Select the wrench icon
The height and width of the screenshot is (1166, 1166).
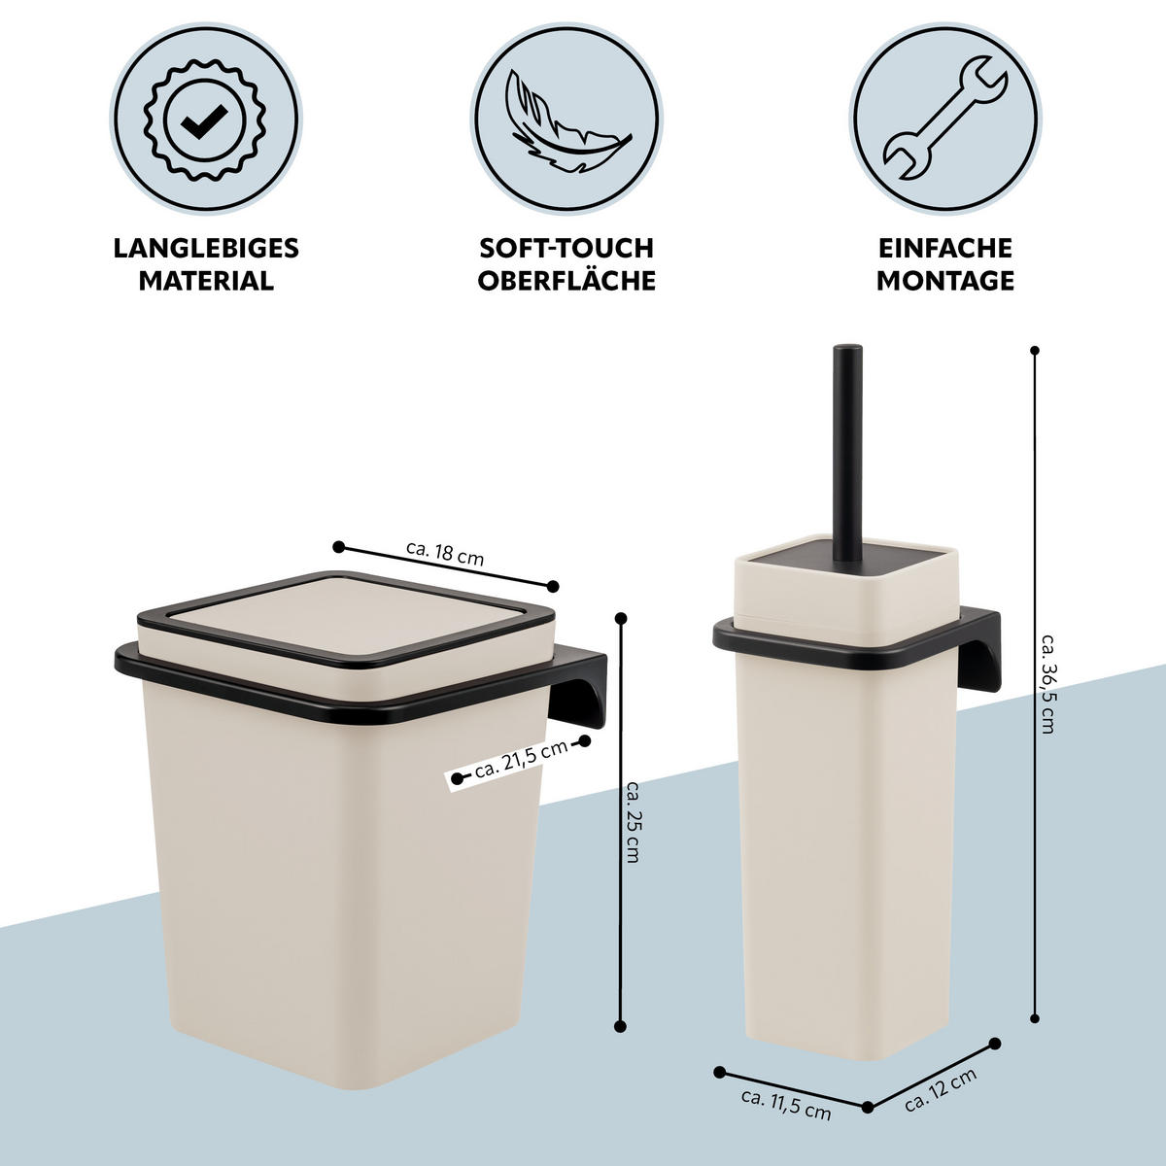coord(944,119)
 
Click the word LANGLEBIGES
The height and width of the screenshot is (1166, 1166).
coord(206,248)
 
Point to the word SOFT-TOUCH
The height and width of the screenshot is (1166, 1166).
coord(566,248)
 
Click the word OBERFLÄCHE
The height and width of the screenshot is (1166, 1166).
coord(566,280)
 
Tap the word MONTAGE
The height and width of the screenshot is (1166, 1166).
coord(945,281)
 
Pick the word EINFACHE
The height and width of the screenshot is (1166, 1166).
coord(945,248)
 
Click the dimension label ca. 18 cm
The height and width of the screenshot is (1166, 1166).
coord(445,553)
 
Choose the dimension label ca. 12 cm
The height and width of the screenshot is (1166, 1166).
coord(941,1090)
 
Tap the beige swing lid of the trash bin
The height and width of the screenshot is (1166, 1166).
coord(345,625)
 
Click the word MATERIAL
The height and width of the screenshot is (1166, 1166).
coord(206,281)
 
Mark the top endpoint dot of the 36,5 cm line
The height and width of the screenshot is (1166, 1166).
coord(1035,350)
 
